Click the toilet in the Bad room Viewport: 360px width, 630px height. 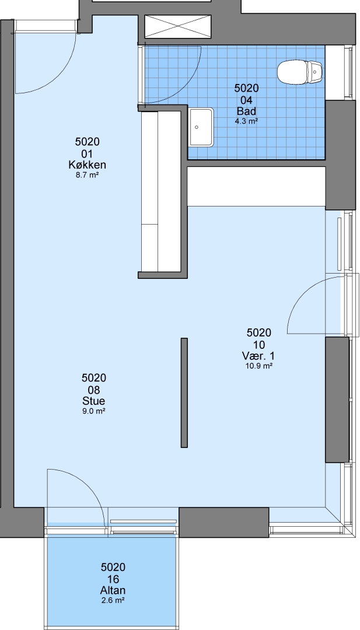point(300,72)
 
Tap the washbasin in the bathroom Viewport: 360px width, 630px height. point(201,127)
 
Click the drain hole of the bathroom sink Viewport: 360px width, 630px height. point(197,127)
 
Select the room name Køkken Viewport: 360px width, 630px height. point(87,164)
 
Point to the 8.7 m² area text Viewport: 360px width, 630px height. point(87,175)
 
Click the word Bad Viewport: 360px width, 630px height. point(246,111)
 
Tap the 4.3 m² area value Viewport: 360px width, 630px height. point(246,121)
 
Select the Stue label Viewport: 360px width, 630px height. point(93,401)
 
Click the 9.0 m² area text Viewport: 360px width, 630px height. point(93,411)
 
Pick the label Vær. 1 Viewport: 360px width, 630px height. point(258,356)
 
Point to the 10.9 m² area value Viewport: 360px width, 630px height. point(258,366)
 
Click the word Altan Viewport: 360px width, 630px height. point(113,590)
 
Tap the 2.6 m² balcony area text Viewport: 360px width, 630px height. point(113,601)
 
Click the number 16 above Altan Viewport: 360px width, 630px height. point(113,579)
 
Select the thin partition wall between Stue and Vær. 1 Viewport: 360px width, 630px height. point(184,393)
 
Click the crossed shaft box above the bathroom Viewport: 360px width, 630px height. point(177,26)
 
